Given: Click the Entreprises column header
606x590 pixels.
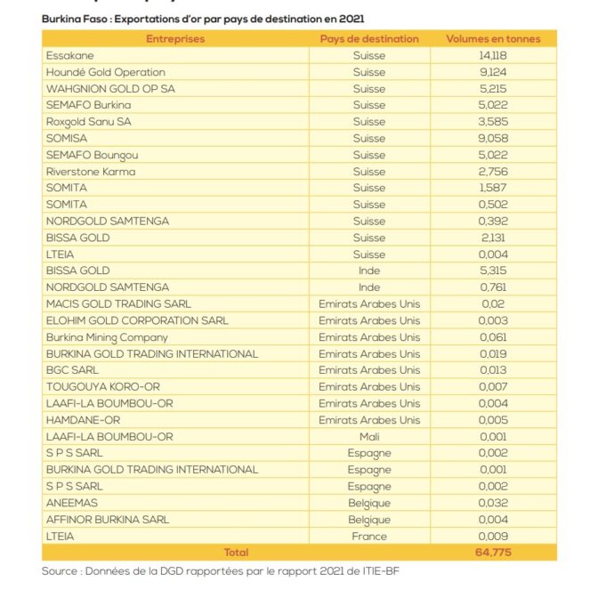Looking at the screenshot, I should point(175,39).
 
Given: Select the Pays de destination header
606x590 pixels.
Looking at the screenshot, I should point(369,39).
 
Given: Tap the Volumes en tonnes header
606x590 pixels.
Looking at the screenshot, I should point(493,39).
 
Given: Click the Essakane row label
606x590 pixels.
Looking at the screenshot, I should point(67,56).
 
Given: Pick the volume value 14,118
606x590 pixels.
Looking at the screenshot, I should point(493,56).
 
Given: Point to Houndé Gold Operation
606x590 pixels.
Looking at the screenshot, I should point(105,72).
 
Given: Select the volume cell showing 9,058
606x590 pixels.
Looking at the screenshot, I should point(493,139).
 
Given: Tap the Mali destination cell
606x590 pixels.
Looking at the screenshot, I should point(369,436).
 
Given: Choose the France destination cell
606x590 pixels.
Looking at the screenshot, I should point(369,536).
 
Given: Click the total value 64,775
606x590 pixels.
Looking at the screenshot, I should point(493,553).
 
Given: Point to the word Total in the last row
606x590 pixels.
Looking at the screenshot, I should point(236,553).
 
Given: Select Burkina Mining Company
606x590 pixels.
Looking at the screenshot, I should point(107,337).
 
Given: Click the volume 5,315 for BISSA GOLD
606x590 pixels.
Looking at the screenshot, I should point(493,271).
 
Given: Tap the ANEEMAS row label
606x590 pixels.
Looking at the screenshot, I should point(72,503).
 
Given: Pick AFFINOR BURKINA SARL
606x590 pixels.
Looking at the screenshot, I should point(107,519).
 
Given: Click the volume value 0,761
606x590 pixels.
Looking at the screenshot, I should point(493,287).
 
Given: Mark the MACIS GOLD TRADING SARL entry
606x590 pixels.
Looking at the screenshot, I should point(118,304).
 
